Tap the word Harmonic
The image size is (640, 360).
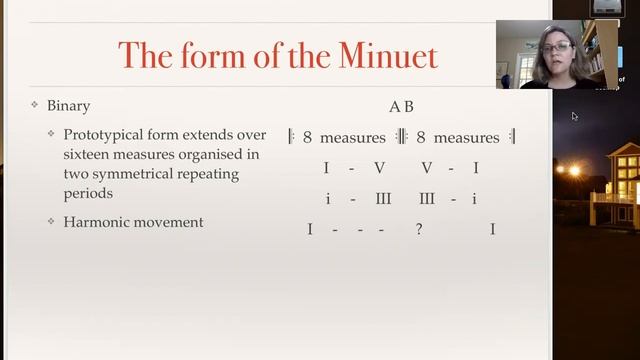[x=98, y=222]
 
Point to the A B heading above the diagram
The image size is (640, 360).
[x=401, y=106]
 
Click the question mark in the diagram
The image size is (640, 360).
[x=419, y=230]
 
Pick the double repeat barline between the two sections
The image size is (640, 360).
[x=402, y=137]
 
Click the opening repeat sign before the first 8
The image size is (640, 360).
[x=291, y=137]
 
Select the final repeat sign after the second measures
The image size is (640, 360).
[x=511, y=137]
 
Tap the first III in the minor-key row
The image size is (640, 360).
[x=383, y=199]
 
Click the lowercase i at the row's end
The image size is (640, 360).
[x=474, y=199]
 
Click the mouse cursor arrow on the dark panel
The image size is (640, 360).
[x=575, y=116]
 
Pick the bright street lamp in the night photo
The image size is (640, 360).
[x=574, y=171]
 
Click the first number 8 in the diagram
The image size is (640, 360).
[x=307, y=138]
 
